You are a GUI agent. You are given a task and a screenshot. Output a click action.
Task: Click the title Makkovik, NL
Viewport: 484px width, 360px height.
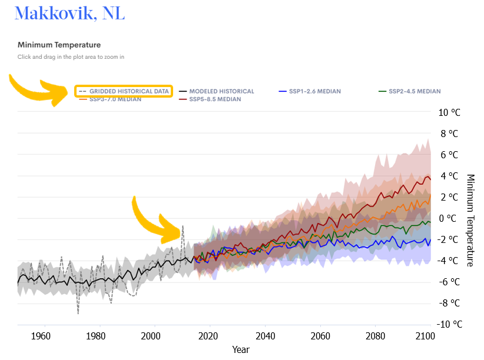coord(69,14)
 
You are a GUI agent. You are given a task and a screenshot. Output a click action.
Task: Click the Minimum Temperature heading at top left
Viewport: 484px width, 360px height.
coord(59,45)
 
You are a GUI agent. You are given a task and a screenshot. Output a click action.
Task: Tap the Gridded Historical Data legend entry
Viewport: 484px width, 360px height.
coord(129,91)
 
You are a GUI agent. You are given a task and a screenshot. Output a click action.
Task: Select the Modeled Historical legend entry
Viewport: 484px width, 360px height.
coord(221,91)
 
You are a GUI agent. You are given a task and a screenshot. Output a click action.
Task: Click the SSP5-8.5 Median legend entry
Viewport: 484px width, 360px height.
coord(215,99)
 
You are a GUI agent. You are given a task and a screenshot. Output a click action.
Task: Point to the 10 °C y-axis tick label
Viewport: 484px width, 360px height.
coord(449,112)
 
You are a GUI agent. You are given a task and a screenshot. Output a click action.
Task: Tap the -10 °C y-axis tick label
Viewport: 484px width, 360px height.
coord(448,324)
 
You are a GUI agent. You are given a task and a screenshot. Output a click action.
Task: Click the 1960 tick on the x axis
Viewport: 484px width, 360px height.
coord(41,336)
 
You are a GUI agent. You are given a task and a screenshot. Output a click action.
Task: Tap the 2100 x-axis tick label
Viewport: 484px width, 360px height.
coord(425,336)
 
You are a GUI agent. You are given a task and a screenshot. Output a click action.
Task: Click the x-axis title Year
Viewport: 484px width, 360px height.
coord(240,349)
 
